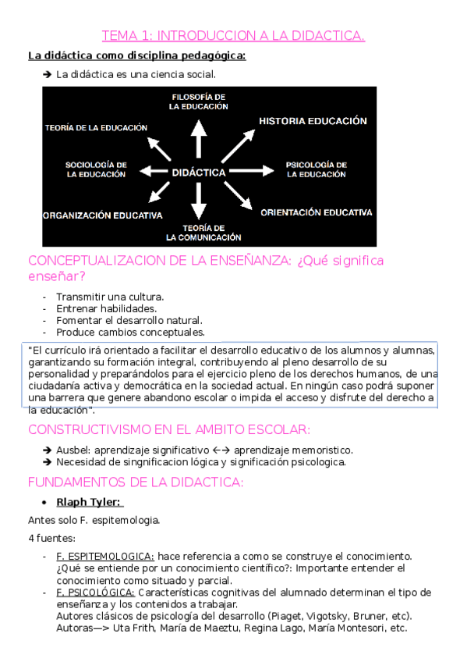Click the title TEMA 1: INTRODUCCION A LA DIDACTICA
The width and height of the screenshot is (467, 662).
[x=233, y=35]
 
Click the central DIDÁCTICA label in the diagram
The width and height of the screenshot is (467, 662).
[x=199, y=172]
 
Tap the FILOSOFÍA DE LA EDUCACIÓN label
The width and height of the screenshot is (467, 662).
[x=199, y=101]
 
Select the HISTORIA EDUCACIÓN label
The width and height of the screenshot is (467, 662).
[x=313, y=122]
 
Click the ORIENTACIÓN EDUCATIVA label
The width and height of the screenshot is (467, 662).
[x=317, y=212]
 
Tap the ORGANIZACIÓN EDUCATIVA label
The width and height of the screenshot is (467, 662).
[x=103, y=215]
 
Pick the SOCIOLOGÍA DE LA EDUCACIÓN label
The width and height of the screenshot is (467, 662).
[x=95, y=169]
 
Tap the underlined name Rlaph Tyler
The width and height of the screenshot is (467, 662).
[x=89, y=502]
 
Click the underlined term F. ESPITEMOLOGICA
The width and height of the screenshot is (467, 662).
[x=105, y=556]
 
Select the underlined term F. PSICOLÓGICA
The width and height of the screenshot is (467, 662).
[x=96, y=592]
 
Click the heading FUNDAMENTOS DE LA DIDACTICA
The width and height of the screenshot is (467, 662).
[x=136, y=482]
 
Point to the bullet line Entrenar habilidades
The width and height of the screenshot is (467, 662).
[x=106, y=308]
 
